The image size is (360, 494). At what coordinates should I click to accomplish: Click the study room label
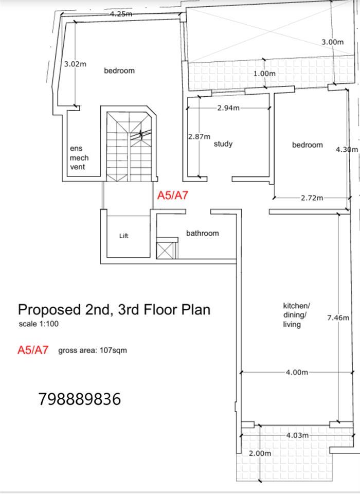click(223, 144)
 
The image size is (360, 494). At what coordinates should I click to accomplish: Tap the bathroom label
click(202, 233)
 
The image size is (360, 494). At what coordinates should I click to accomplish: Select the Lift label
click(124, 236)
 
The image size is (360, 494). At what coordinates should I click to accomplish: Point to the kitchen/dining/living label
click(296, 315)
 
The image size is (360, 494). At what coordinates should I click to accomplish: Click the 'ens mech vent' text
click(79, 157)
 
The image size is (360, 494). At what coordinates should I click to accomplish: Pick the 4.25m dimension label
click(121, 14)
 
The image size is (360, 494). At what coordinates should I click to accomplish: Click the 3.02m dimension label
click(75, 64)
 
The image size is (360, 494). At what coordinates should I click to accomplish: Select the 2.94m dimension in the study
click(228, 108)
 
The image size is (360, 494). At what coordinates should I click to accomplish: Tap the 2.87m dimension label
click(199, 137)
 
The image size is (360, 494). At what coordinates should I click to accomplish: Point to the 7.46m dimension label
click(338, 317)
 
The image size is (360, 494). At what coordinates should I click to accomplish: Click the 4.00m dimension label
click(297, 373)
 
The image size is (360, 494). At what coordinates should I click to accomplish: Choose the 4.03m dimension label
click(297, 435)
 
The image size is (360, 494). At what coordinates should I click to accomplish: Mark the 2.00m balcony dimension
click(260, 453)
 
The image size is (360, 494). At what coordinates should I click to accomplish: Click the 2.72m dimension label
click(312, 198)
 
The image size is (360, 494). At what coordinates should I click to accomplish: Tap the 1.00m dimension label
click(264, 74)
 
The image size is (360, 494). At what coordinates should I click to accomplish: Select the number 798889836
click(80, 399)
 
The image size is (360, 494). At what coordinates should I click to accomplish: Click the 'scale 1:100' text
click(39, 324)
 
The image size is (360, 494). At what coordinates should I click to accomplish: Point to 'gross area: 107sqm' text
click(93, 350)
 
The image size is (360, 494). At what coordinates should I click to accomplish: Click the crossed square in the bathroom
click(165, 251)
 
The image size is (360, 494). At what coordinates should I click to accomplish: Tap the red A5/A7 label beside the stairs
click(173, 196)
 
